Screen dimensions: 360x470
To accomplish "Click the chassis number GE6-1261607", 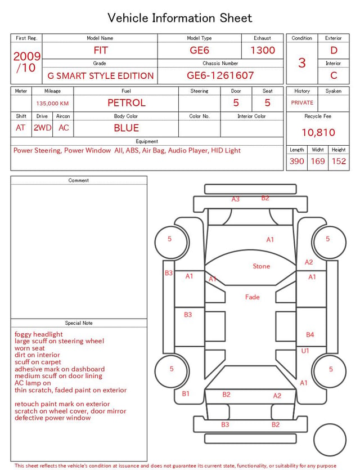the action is point(220,75).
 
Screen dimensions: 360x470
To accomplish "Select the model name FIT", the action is point(101,50).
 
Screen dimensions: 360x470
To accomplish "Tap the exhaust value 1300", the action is point(263,50).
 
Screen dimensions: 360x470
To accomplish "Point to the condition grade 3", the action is point(302,62).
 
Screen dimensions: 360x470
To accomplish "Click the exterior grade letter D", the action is point(334,50).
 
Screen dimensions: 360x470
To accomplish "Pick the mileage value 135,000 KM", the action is point(52,104).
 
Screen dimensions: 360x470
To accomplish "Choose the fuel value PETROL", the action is point(127,103).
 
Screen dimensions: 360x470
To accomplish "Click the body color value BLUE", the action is point(127,128).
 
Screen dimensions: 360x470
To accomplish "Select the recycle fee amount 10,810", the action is point(318,132).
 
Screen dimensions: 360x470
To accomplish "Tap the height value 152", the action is point(339,161).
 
